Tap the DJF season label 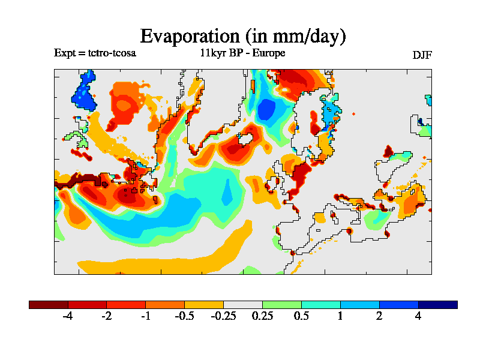pyautogui.click(x=422, y=55)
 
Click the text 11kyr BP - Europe pyautogui.click(x=242, y=53)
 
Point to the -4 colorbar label pyautogui.click(x=68, y=316)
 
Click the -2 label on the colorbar pyautogui.click(x=106, y=316)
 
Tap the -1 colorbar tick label pyautogui.click(x=145, y=316)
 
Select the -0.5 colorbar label pyautogui.click(x=184, y=316)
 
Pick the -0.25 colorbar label pyautogui.click(x=223, y=316)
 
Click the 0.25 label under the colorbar pyautogui.click(x=262, y=316)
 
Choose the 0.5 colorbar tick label pyautogui.click(x=301, y=316)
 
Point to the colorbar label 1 pyautogui.click(x=340, y=316)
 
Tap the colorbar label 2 pyautogui.click(x=379, y=316)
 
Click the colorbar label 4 pyautogui.click(x=418, y=316)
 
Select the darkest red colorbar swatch pyautogui.click(x=49, y=305)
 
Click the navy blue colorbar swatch pyautogui.click(x=438, y=305)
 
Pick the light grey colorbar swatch pyautogui.click(x=243, y=305)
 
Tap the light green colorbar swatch pyautogui.click(x=282, y=305)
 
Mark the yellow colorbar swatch pyautogui.click(x=204, y=305)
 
